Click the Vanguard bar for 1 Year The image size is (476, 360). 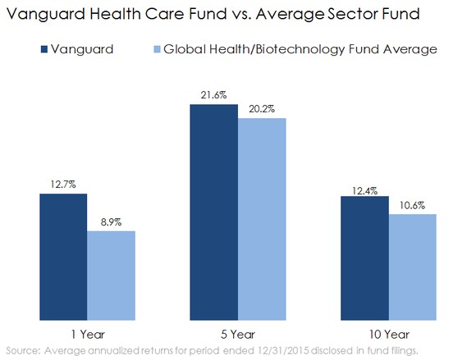[x=63, y=257]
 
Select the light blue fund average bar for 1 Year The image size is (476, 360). [x=111, y=276]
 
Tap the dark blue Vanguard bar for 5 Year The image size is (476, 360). [x=214, y=212]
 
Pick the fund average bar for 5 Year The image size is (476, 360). [x=262, y=219]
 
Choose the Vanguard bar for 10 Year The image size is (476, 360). [x=364, y=258]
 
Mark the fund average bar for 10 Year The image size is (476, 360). [x=413, y=267]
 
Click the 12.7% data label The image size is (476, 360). [x=63, y=185]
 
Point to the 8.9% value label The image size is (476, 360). [x=111, y=222]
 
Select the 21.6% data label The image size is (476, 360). [x=213, y=95]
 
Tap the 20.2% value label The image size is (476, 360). [x=262, y=109]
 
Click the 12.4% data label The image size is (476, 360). [x=364, y=191]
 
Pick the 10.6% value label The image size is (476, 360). [x=412, y=206]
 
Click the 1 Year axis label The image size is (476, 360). [x=88, y=335]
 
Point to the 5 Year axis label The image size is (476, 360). [x=238, y=335]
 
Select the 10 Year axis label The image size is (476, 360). [x=389, y=335]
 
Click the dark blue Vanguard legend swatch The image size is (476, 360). [x=44, y=49]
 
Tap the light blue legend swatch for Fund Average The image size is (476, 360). [x=157, y=49]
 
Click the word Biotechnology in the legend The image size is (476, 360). [x=300, y=49]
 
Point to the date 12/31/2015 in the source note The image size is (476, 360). [x=283, y=351]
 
